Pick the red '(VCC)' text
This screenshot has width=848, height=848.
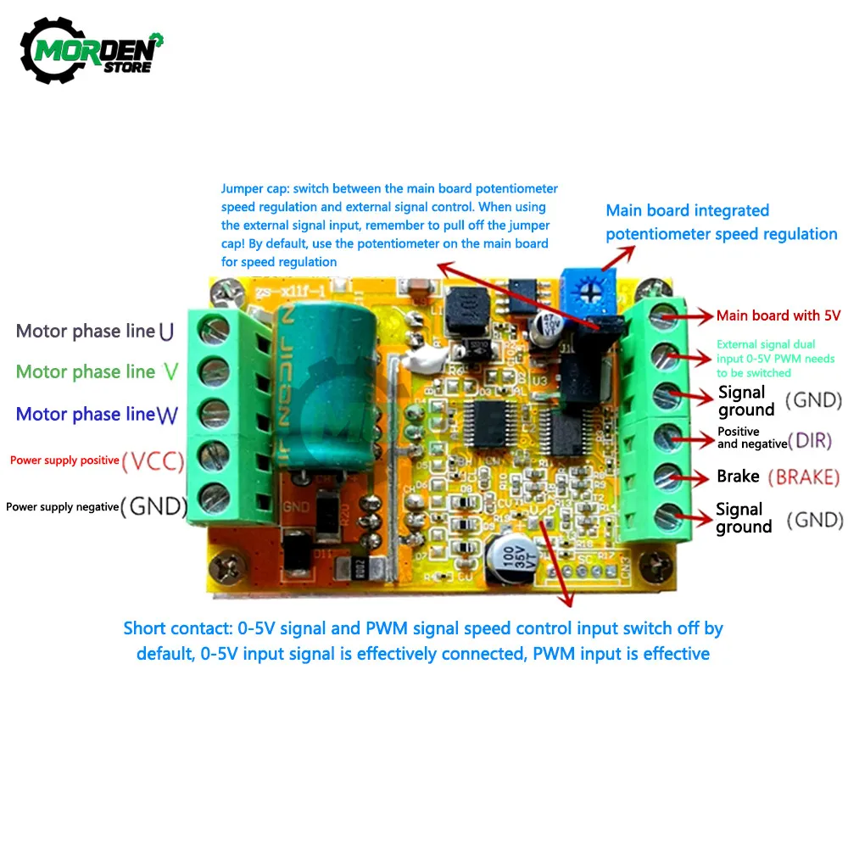pos(154,461)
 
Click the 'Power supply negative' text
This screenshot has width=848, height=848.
pos(62,506)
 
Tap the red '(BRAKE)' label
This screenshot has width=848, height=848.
pos(803,477)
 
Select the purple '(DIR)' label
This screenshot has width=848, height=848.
pos(810,440)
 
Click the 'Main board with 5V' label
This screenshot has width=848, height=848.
pos(778,315)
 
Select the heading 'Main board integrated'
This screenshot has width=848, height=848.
pos(687,210)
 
